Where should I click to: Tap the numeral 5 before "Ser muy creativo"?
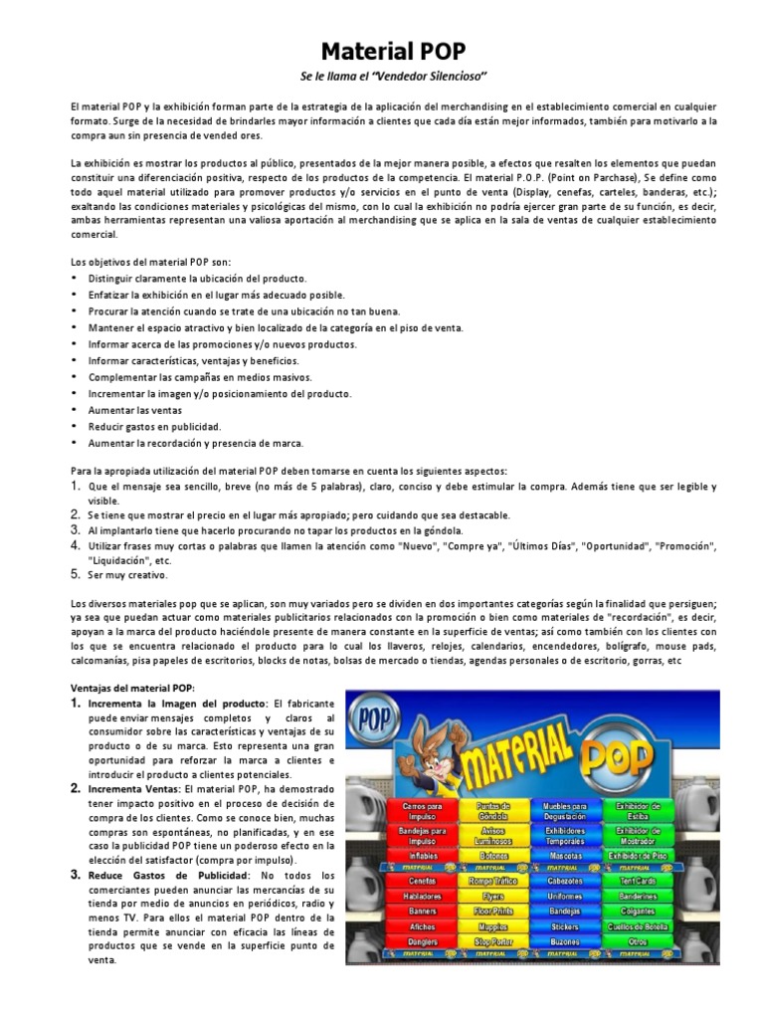(x=76, y=574)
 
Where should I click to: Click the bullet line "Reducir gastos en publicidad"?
(x=153, y=426)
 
